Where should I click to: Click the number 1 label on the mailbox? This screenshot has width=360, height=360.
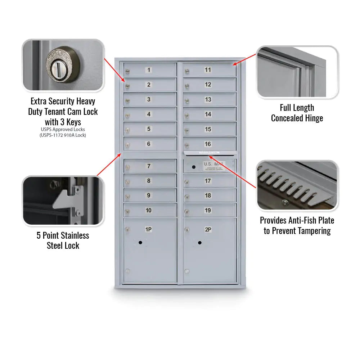click(149, 70)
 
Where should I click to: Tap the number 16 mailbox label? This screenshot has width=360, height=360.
click(208, 144)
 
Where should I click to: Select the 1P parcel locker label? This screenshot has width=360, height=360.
click(148, 229)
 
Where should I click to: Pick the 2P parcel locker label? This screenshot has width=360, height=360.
click(208, 229)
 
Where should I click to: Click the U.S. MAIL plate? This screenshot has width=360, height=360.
click(213, 165)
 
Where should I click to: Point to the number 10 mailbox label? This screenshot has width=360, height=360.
click(148, 210)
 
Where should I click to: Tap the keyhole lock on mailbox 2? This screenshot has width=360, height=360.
click(127, 86)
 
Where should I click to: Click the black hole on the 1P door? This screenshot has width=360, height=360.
click(140, 243)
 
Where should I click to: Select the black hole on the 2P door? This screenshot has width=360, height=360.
click(199, 243)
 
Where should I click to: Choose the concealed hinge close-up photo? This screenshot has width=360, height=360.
click(297, 72)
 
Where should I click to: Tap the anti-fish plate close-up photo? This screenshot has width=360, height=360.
click(297, 186)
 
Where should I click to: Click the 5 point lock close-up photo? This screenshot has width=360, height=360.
click(63, 201)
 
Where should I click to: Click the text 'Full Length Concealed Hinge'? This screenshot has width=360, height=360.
click(297, 113)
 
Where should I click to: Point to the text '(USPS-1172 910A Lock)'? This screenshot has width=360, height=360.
click(63, 135)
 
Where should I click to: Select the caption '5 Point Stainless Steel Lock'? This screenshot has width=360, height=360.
click(63, 240)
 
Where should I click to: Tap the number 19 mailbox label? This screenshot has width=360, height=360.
click(208, 210)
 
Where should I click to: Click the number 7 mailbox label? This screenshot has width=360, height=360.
click(149, 166)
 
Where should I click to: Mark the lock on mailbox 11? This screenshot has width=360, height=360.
click(186, 71)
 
